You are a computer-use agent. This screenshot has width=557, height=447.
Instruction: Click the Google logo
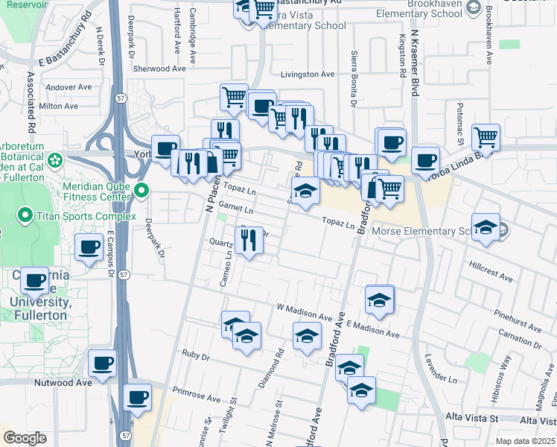pos(25,438)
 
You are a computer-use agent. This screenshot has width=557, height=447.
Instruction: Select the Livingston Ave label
pos(308,74)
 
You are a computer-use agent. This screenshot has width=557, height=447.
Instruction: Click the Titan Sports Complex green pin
pos(25,218)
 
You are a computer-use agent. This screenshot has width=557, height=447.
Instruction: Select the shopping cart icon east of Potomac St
pos(486,136)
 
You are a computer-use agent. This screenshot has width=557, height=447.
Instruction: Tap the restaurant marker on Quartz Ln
pos(248,239)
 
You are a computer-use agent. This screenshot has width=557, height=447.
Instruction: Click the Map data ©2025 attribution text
pos(524,441)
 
